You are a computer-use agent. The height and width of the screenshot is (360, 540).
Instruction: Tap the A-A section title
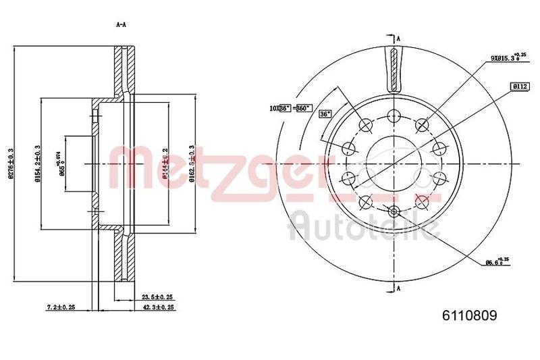coord(122,25)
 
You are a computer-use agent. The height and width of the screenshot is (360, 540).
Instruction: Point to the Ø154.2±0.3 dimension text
coord(36,163)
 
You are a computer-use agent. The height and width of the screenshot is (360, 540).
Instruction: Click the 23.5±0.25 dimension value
coord(158,297)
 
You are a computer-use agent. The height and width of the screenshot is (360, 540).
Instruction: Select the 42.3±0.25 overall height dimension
coord(158,307)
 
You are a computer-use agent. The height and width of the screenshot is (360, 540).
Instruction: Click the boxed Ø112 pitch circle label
coord(519,86)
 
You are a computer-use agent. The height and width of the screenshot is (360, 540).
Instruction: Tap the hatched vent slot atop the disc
coord(392,70)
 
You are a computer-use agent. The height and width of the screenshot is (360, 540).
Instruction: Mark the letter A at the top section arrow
coord(400,38)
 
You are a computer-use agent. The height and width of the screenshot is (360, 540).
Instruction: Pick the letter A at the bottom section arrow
coord(400,288)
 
